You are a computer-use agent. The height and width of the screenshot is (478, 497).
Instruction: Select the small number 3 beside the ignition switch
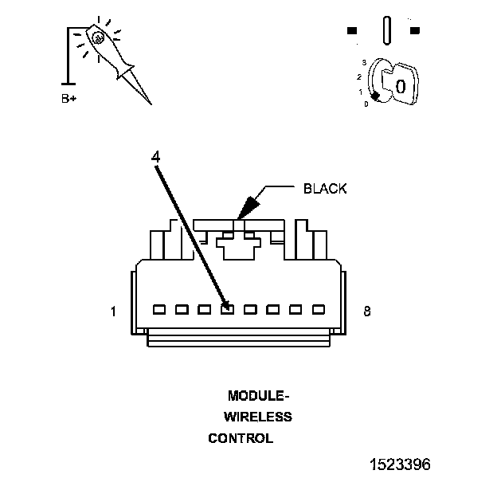point(363,62)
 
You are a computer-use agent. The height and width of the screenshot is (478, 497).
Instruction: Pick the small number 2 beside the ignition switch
point(359,76)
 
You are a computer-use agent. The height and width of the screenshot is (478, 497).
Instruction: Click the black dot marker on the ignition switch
point(374,96)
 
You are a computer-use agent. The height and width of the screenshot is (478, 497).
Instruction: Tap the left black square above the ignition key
point(352,31)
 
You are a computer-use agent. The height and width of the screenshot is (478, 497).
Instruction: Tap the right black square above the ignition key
point(414,31)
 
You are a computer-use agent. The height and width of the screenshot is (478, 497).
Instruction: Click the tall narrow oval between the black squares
point(386,30)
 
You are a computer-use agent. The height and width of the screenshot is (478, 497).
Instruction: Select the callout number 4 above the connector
point(156,156)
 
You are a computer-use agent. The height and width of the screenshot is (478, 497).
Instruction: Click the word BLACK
point(325,189)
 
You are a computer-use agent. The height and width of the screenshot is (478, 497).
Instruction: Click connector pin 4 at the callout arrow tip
point(227,308)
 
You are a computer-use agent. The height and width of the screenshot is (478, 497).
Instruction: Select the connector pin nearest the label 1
point(158,308)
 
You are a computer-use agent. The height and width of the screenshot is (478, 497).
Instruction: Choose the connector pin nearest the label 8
point(319,308)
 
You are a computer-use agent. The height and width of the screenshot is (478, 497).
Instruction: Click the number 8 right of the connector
point(366,311)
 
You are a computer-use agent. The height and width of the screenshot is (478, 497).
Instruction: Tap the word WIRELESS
point(257,417)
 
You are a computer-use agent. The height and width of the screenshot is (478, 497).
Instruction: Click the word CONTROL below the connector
point(241,438)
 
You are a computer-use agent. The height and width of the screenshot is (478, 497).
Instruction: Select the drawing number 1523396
point(401,463)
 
